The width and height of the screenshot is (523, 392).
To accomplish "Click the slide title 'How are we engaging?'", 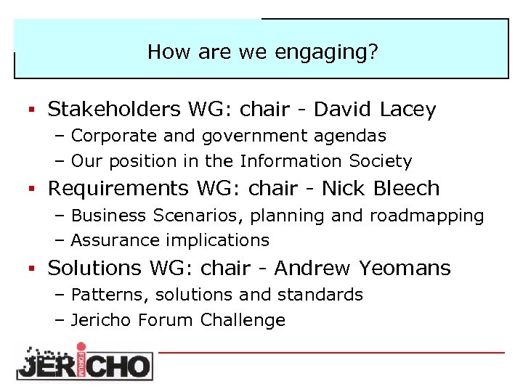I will click(261, 52).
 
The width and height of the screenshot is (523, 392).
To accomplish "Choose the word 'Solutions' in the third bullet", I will click(94, 268).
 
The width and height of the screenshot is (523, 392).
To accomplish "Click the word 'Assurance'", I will click(109, 240).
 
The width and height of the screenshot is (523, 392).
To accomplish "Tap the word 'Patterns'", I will click(102, 295).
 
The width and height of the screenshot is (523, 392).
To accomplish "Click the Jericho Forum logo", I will click(84, 362).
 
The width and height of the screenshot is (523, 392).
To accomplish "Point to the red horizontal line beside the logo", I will click(331, 352).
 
